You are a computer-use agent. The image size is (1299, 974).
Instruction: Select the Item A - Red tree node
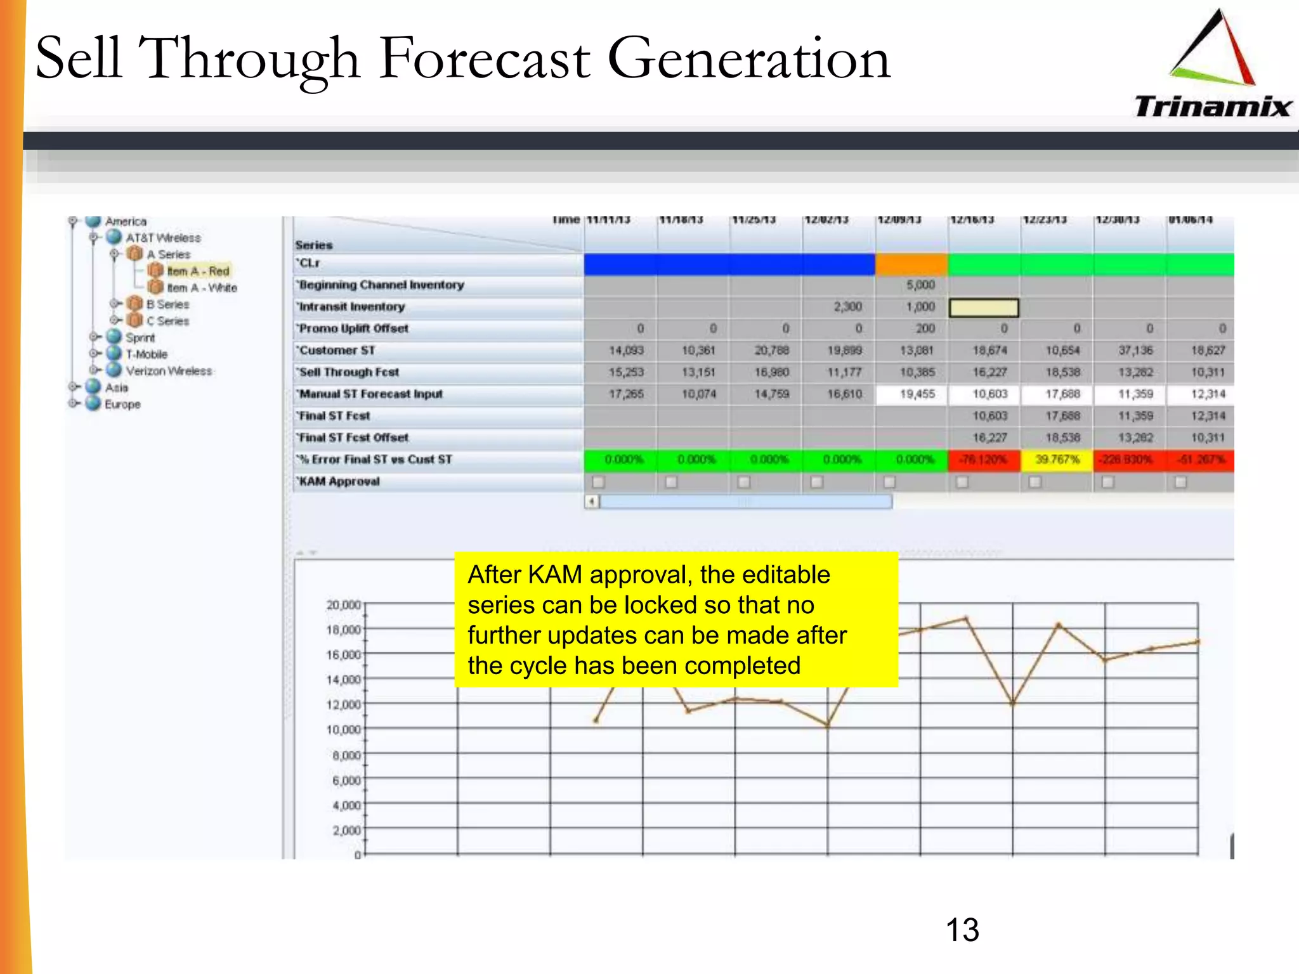point(197,271)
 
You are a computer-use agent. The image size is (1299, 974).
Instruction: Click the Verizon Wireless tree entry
point(169,371)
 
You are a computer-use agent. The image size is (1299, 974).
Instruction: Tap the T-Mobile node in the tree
point(146,354)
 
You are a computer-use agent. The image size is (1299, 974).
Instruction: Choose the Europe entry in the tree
point(122,405)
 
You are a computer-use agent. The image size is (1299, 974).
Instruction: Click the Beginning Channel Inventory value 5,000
point(920,285)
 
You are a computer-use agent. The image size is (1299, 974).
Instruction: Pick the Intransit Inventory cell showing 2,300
point(847,307)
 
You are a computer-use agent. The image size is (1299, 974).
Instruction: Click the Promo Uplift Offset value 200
point(925,328)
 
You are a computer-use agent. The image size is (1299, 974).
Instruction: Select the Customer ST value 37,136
point(1135,351)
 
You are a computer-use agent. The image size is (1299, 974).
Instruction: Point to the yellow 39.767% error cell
point(1057,460)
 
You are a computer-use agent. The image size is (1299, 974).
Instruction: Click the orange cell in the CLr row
point(911,264)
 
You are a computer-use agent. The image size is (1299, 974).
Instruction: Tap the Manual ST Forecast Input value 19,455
point(917,394)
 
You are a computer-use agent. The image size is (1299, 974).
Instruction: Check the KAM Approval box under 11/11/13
point(598,483)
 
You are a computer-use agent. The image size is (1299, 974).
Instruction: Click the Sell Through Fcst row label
point(349,372)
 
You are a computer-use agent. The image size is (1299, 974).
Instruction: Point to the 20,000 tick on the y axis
point(344,605)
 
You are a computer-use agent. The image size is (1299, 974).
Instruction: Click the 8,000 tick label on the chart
point(346,755)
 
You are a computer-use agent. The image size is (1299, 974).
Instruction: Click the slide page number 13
point(962,930)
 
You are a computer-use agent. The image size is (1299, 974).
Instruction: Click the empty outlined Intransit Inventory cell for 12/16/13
point(983,308)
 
